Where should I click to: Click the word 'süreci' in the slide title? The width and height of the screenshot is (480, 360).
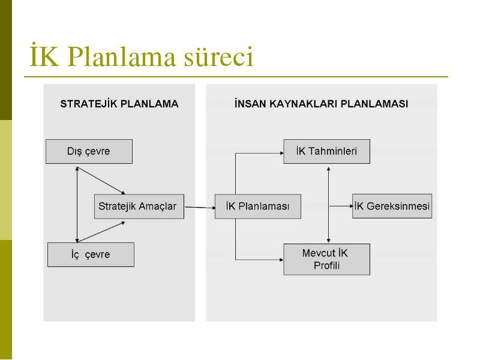pos(218,56)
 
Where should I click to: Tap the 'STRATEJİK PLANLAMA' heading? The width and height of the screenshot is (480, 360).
pos(119,104)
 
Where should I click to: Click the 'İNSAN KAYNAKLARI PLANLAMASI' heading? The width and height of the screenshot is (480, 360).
pos(321,104)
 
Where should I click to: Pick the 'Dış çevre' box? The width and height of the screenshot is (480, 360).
pos(89,151)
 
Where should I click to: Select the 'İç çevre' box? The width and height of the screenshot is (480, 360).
pos(91,254)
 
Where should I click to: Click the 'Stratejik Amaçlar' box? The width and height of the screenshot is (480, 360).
pos(139,206)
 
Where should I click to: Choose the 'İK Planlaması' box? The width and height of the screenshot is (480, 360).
pos(258,206)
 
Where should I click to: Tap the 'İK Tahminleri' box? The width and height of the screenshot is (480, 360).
pos(326,151)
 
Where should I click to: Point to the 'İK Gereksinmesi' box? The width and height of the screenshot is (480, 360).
pos(392,206)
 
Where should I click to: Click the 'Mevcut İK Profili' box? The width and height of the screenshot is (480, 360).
pos(326,259)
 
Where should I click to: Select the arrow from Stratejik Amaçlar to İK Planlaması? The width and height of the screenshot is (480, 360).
pos(200,208)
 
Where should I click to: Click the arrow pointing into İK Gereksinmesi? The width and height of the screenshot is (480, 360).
pos(341,206)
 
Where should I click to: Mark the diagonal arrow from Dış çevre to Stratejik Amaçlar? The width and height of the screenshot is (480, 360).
pos(101,181)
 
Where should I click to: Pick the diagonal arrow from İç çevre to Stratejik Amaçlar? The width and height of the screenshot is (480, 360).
pos(101,232)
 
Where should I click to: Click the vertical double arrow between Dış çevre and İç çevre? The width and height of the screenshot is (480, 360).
pos(77,205)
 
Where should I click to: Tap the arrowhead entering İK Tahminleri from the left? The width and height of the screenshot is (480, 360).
pos(282,153)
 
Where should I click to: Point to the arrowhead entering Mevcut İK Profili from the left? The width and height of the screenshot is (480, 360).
pos(281,260)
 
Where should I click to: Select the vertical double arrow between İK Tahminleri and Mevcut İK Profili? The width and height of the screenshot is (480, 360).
pos(328,205)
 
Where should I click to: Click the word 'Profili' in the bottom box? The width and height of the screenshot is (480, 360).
pos(326,265)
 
